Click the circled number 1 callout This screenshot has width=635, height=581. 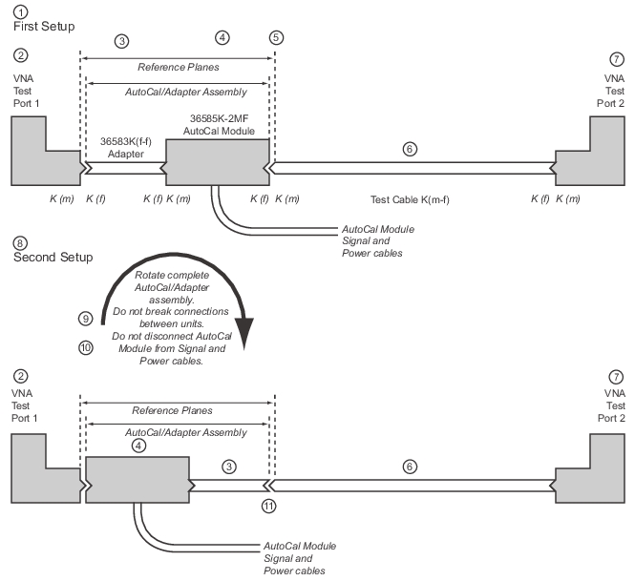tap(21, 11)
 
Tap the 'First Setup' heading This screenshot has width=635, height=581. tap(44, 27)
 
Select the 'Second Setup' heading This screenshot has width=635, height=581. tap(53, 257)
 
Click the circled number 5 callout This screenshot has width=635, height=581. tap(276, 37)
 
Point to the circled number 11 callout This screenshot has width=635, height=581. tap(268, 506)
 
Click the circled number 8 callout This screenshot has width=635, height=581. tap(20, 243)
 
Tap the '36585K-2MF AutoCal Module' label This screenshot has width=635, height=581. tap(219, 125)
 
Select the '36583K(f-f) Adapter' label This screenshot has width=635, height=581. tap(126, 148)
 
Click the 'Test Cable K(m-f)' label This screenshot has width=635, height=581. tap(410, 199)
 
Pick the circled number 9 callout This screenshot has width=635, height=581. tap(85, 319)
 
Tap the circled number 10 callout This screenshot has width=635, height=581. tap(86, 347)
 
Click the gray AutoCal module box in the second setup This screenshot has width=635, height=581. tap(138, 480)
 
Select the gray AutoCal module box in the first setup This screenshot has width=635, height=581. tap(218, 162)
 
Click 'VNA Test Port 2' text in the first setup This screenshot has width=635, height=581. tap(611, 91)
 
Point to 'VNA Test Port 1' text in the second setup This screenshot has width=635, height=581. tap(24, 405)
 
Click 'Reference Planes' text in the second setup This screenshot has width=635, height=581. tap(172, 410)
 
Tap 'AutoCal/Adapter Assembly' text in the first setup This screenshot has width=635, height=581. tap(186, 92)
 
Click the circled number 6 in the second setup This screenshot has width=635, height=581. tap(410, 467)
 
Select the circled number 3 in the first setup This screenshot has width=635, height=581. tap(121, 41)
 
